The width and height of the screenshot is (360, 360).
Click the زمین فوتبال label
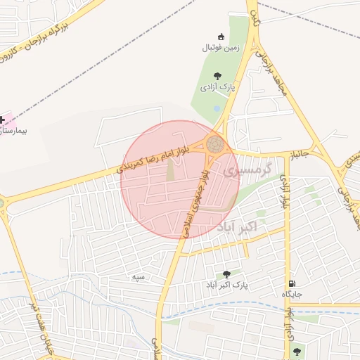tap(221, 48)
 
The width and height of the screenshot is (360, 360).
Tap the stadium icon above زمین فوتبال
tap(221, 37)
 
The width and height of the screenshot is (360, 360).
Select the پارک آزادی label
tap(217, 87)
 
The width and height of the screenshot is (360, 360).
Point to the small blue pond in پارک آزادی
tap(216, 108)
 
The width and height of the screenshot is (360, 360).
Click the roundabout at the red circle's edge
tap(215, 146)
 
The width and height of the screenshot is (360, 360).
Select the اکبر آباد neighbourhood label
tap(236, 226)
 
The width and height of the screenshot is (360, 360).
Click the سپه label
tap(139, 277)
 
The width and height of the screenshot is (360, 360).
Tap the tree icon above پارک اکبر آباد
tap(226, 274)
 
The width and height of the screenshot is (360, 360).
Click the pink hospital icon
tap(3, 120)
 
